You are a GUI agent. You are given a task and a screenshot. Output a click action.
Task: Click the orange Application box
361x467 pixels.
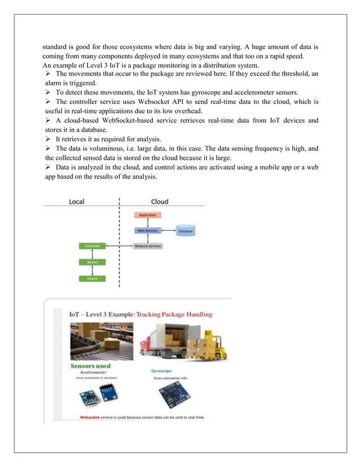pyautogui.click(x=147, y=215)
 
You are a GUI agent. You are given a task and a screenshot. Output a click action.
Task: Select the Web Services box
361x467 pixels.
pyautogui.click(x=147, y=231)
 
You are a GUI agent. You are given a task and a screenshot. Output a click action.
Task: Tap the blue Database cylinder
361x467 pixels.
pyautogui.click(x=186, y=231)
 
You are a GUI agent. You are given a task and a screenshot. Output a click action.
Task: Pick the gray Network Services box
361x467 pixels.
pyautogui.click(x=148, y=246)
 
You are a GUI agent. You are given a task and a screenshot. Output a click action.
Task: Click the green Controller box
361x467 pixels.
pyautogui.click(x=92, y=247)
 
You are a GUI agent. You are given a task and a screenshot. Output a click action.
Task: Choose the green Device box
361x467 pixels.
pyautogui.click(x=92, y=278)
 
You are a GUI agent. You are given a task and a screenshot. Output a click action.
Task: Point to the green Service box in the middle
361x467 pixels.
pyautogui.click(x=92, y=262)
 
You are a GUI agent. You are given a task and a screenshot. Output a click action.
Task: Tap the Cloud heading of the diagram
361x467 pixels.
pyautogui.click(x=159, y=202)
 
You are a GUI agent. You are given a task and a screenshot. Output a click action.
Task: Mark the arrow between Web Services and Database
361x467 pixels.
pyautogui.click(x=168, y=231)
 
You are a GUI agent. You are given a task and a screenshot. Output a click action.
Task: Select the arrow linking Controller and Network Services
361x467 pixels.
pyautogui.click(x=118, y=247)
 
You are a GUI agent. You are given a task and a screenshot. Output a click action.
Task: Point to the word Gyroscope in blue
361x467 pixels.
pyautogui.click(x=161, y=371)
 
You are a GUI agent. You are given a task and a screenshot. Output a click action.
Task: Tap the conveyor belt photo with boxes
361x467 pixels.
pyautogui.click(x=101, y=341)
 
